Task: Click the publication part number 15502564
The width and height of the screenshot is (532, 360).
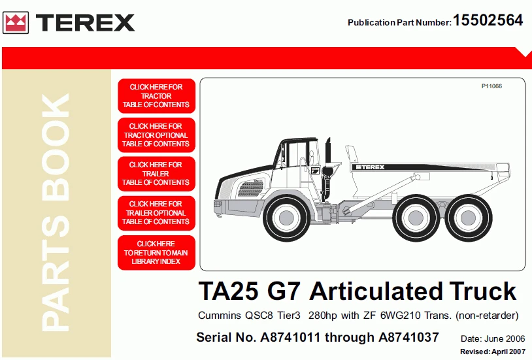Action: pyautogui.click(x=488, y=20)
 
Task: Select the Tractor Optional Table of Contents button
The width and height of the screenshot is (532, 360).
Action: pyautogui.click(x=156, y=135)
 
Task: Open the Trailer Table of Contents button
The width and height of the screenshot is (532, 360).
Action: pyautogui.click(x=156, y=174)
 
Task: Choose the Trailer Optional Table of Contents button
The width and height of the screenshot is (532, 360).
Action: pyautogui.click(x=156, y=213)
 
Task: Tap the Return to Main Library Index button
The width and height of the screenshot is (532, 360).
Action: pyautogui.click(x=156, y=253)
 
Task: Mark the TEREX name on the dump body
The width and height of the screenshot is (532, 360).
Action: pyautogui.click(x=370, y=167)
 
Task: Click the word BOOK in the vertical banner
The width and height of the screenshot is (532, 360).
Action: pyautogui.click(x=56, y=147)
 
